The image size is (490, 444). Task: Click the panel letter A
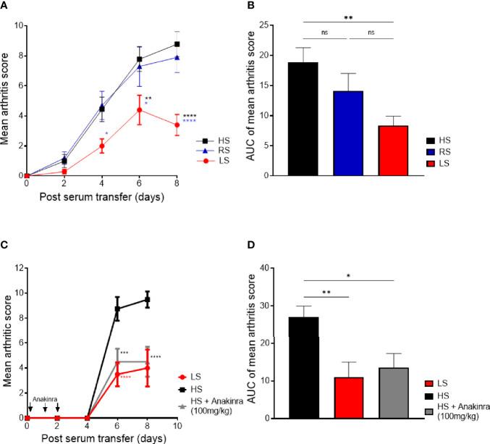pos(7,7)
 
